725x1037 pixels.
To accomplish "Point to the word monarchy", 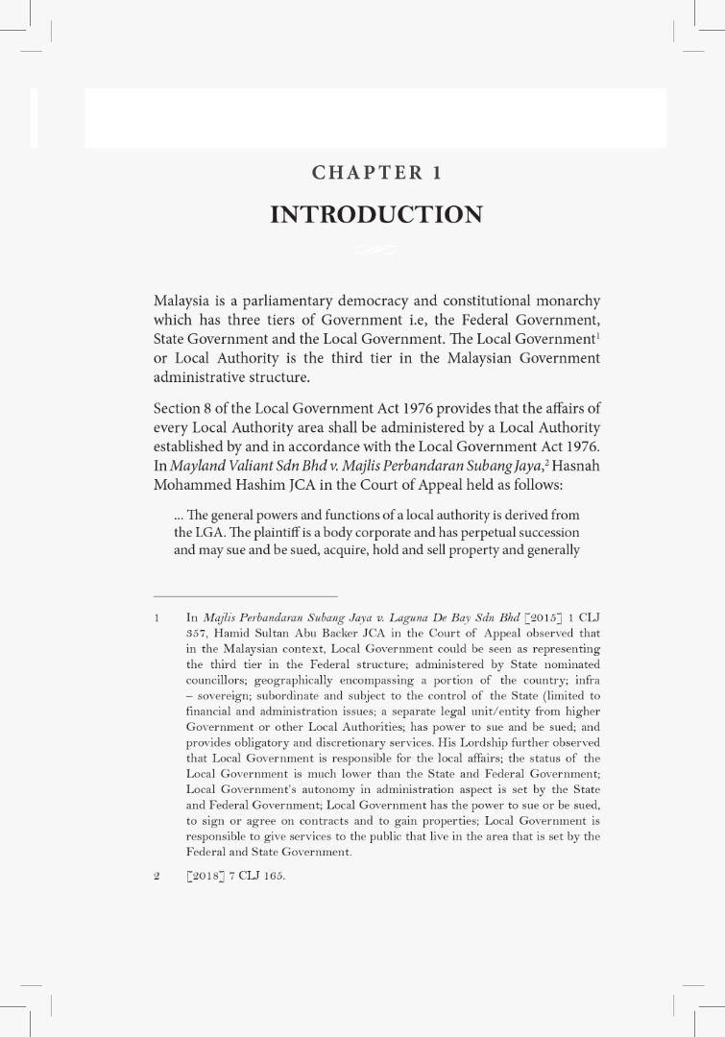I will tap(564, 302).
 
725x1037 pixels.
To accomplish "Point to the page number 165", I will tap(273, 877).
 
